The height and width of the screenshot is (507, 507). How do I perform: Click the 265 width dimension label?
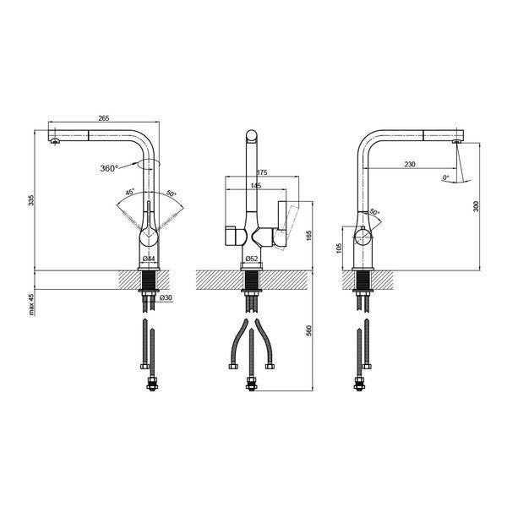click(x=104, y=118)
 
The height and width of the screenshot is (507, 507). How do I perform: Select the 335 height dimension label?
click(x=31, y=200)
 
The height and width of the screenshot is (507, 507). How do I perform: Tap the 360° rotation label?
click(x=109, y=168)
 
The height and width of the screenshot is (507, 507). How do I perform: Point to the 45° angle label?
click(x=129, y=192)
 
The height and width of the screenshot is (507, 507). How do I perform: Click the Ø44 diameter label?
click(x=149, y=259)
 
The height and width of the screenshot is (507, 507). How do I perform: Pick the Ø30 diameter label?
click(x=166, y=297)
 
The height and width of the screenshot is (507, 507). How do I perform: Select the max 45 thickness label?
click(x=31, y=305)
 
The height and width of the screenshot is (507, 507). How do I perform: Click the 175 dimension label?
click(x=262, y=172)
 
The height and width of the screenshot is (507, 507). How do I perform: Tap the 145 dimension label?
click(x=256, y=186)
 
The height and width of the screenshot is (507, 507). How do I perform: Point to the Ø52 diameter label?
click(x=251, y=259)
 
